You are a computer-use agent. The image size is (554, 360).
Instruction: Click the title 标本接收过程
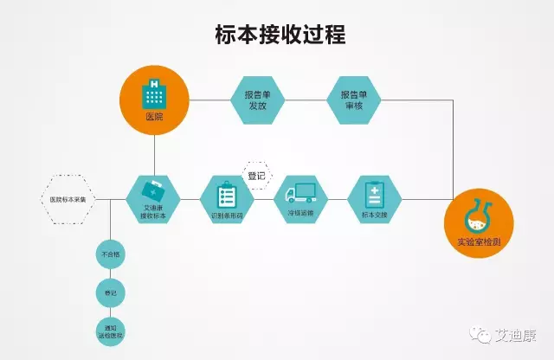pos(280,35)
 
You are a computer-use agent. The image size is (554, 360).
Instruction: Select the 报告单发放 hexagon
pos(255,100)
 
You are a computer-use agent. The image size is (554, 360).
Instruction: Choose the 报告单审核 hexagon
pos(351,100)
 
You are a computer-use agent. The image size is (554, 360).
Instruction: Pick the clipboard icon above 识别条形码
pos(227,192)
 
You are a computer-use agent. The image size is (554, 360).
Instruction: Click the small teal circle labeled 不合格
pos(111,255)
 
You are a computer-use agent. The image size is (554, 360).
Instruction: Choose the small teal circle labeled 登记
pos(111,292)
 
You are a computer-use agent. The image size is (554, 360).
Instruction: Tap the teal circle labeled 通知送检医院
pos(111,331)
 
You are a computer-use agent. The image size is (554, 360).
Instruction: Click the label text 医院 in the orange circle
pos(154,116)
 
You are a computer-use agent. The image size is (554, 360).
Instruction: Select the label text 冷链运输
pos(300,213)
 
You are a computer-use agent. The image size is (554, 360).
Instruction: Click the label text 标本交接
pos(374,213)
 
